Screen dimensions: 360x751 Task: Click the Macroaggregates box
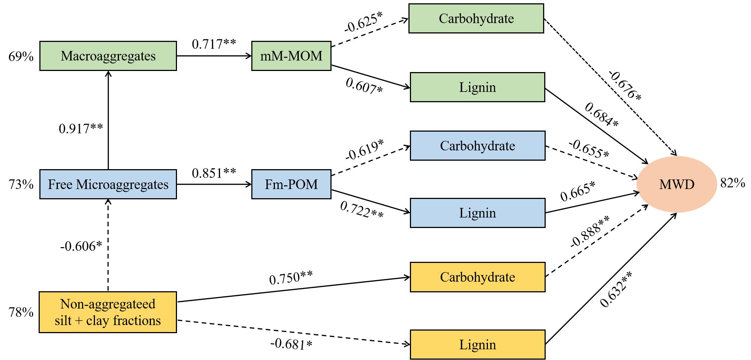[x=108, y=56]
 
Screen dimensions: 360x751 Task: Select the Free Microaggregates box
[x=108, y=184]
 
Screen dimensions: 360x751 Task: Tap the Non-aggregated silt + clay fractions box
[x=108, y=312]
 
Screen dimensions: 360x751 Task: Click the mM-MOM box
[x=291, y=56]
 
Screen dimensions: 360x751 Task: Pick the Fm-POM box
[x=291, y=184]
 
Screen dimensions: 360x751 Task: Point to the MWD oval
[x=676, y=184]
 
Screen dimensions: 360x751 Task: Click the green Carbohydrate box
[x=476, y=18]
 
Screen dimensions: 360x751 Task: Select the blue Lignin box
[x=477, y=213]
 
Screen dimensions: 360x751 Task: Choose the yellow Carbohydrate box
[x=477, y=277]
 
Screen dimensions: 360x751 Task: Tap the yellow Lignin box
[x=477, y=345]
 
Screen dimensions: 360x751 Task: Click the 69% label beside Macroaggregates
[x=21, y=57]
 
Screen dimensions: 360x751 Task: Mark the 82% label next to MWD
[x=733, y=183]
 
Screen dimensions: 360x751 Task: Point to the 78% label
[x=21, y=313]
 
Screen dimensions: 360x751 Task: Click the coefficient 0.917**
[x=81, y=129]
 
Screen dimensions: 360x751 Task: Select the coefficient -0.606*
[x=81, y=246]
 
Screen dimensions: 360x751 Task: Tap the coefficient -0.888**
[x=589, y=232]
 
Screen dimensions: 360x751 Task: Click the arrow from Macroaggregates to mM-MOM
[x=214, y=56]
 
